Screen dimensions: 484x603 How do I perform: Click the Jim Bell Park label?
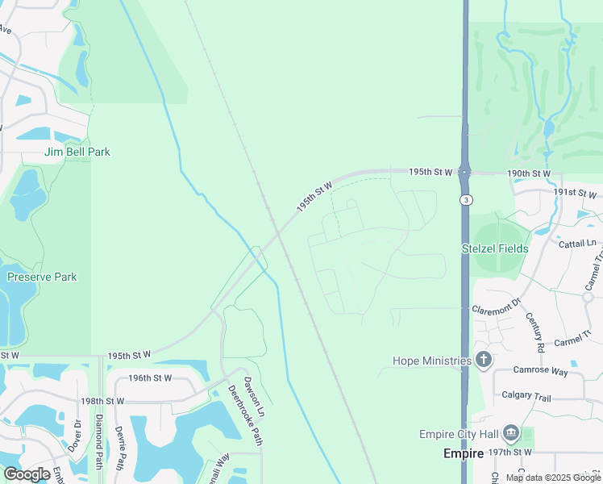pos(77,152)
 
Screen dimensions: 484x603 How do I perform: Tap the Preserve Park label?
pos(42,277)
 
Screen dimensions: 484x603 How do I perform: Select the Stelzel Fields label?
pos(495,248)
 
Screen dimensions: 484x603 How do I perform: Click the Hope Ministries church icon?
pos(483,360)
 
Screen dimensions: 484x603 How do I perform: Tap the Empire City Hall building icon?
pos(510,434)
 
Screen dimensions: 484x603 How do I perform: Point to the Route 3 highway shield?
pos(465,199)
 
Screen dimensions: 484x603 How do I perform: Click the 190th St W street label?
pos(529,173)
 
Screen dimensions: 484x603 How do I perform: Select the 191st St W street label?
pos(575,194)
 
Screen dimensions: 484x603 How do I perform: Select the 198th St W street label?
pos(102,401)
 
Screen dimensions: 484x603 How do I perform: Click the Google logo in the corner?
pos(27,474)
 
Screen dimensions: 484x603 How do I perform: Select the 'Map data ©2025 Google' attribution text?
pos(553,478)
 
